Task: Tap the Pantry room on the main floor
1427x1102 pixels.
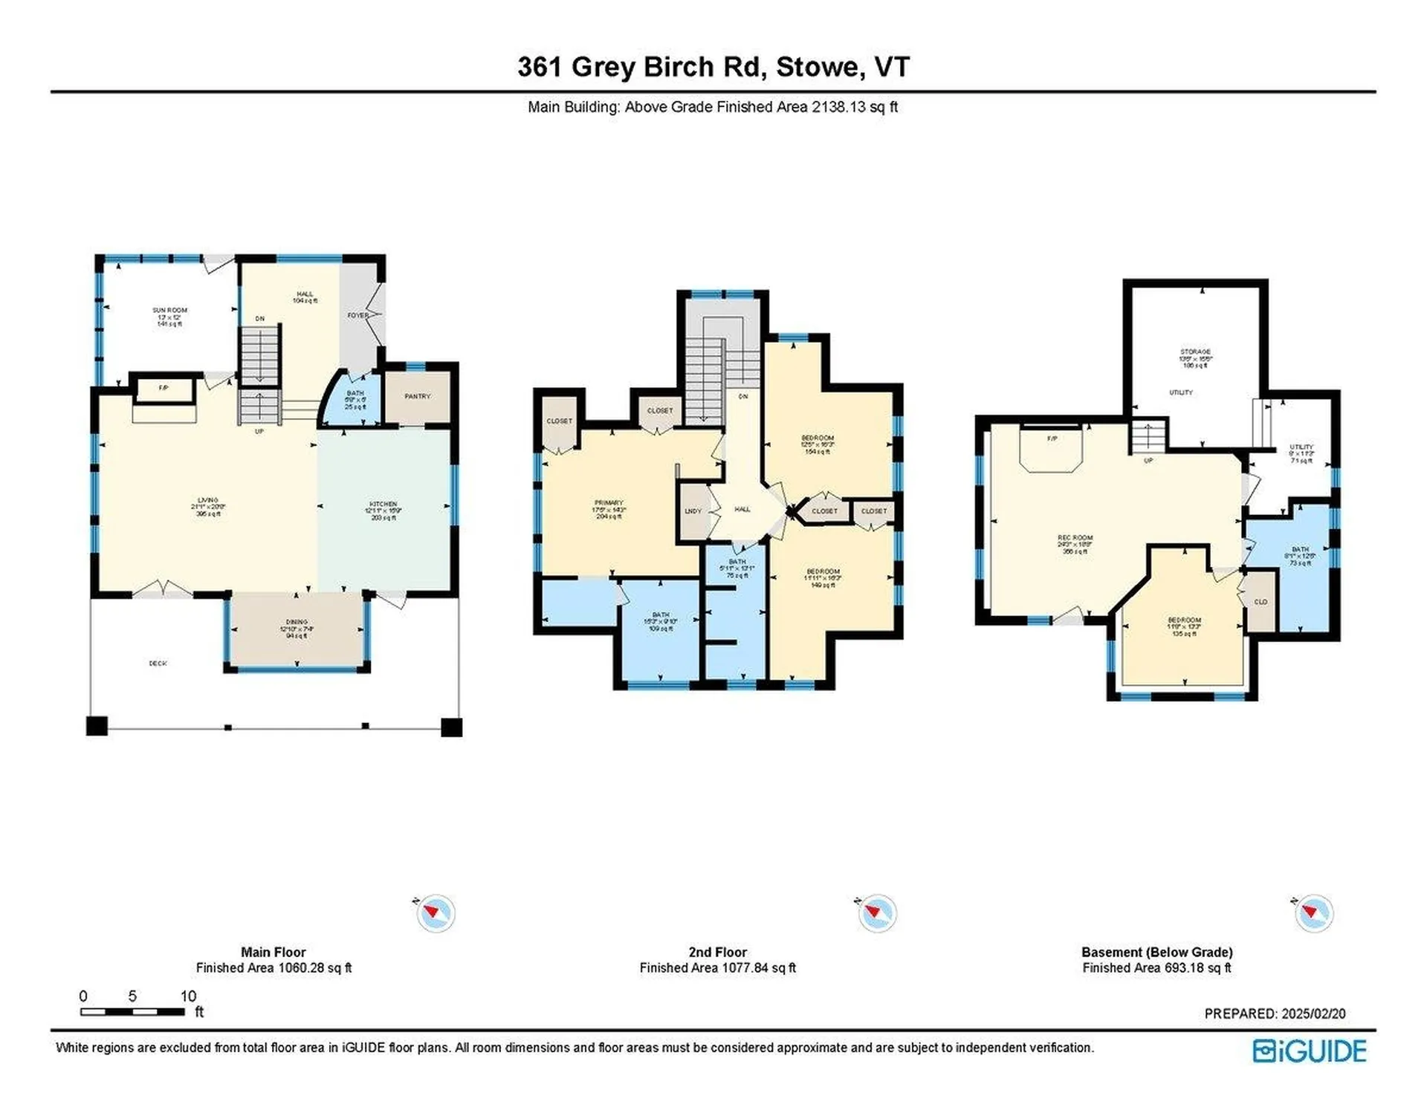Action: (417, 397)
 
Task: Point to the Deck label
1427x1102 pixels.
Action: (158, 664)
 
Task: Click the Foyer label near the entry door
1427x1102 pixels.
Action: (358, 316)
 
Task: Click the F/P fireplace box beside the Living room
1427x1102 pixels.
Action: (164, 389)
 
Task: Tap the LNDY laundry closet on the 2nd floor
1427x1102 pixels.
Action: (693, 511)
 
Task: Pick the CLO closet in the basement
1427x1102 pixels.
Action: (1261, 602)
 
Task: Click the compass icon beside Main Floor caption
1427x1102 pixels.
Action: (436, 913)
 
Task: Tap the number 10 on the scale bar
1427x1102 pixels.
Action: (188, 996)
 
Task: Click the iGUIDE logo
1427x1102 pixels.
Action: (1310, 1051)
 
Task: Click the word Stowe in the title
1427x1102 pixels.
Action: (817, 67)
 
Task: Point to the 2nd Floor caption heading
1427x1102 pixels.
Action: (717, 952)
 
